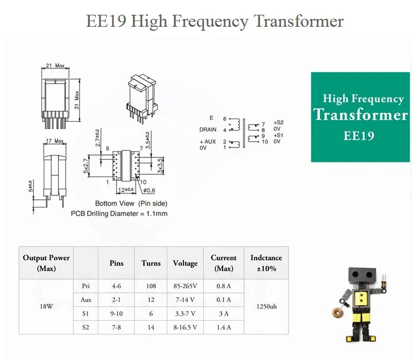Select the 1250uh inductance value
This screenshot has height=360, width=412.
pyautogui.click(x=266, y=306)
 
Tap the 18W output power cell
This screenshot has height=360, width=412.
pyautogui.click(x=46, y=306)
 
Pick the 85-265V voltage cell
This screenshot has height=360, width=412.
pyautogui.click(x=185, y=286)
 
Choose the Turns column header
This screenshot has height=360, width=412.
pyautogui.click(x=151, y=263)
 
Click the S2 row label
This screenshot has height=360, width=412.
pyautogui.click(x=86, y=327)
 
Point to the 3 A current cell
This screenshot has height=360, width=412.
pyautogui.click(x=224, y=313)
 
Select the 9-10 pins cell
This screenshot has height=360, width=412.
pyautogui.click(x=116, y=313)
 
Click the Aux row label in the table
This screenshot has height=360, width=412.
pyautogui.click(x=86, y=300)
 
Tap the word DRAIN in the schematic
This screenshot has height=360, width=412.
pyautogui.click(x=208, y=130)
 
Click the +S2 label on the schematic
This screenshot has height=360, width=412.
pyautogui.click(x=278, y=122)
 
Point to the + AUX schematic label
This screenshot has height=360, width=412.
pyautogui.click(x=208, y=141)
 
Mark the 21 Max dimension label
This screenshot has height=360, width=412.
pyautogui.click(x=55, y=66)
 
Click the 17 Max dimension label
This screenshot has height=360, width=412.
pyautogui.click(x=55, y=141)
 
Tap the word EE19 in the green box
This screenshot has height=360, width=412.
pyautogui.click(x=359, y=137)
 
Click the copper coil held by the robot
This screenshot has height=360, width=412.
pyautogui.click(x=337, y=311)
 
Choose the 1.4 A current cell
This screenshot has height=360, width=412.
pyautogui.click(x=224, y=327)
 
